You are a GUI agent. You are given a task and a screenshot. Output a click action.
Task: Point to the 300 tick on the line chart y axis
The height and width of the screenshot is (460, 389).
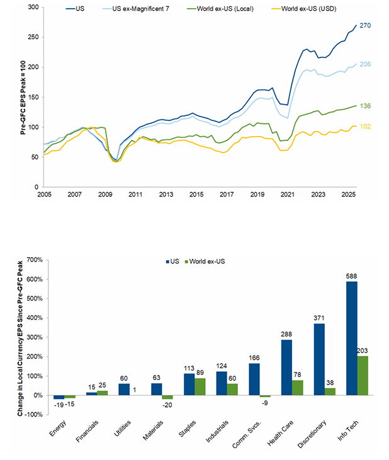tap(33, 8)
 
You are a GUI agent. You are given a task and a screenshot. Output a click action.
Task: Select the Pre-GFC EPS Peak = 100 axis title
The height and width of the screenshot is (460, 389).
tap(23, 97)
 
